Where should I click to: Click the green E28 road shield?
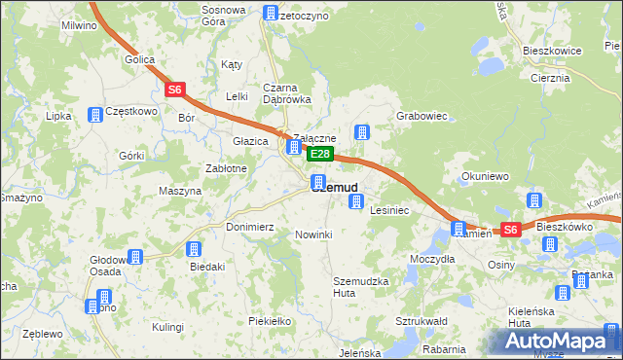(321, 155)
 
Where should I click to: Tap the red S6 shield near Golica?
(174, 90)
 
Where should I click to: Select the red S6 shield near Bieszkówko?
(510, 230)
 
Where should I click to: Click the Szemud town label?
(336, 188)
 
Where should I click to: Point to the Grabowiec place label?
(421, 116)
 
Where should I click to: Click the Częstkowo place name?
(131, 111)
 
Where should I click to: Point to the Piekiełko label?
(270, 320)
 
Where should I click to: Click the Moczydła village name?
(432, 259)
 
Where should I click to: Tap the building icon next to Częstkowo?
(95, 115)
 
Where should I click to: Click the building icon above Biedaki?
(194, 249)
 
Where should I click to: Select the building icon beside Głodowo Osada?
(134, 257)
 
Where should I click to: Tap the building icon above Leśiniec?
(356, 201)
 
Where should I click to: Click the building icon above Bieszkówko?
(534, 200)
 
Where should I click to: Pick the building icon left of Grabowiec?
(362, 132)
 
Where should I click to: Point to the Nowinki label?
(313, 234)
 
